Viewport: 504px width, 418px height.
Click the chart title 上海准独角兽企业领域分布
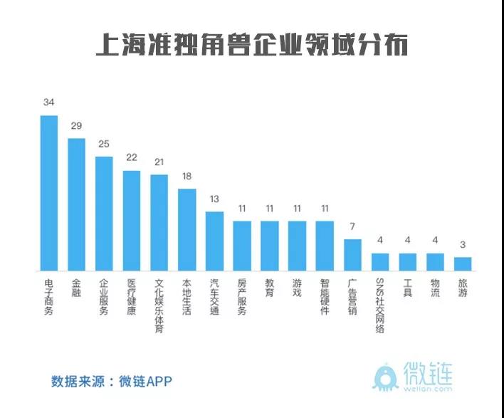point(252,46)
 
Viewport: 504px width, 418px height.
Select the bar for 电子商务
point(48,193)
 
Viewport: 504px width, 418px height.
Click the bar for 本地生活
point(187,229)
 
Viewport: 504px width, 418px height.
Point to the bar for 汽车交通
point(214,241)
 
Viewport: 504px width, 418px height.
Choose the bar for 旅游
point(463,263)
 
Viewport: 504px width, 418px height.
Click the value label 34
point(48,103)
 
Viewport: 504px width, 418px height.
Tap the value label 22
point(131,157)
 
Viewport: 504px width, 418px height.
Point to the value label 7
point(352,226)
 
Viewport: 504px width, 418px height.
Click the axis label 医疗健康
point(131,297)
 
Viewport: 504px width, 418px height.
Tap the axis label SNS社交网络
point(379,305)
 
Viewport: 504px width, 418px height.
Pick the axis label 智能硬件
point(325,297)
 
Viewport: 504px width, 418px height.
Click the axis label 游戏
point(297,288)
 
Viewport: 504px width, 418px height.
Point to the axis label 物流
point(435,288)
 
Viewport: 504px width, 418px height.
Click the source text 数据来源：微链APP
point(112,380)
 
